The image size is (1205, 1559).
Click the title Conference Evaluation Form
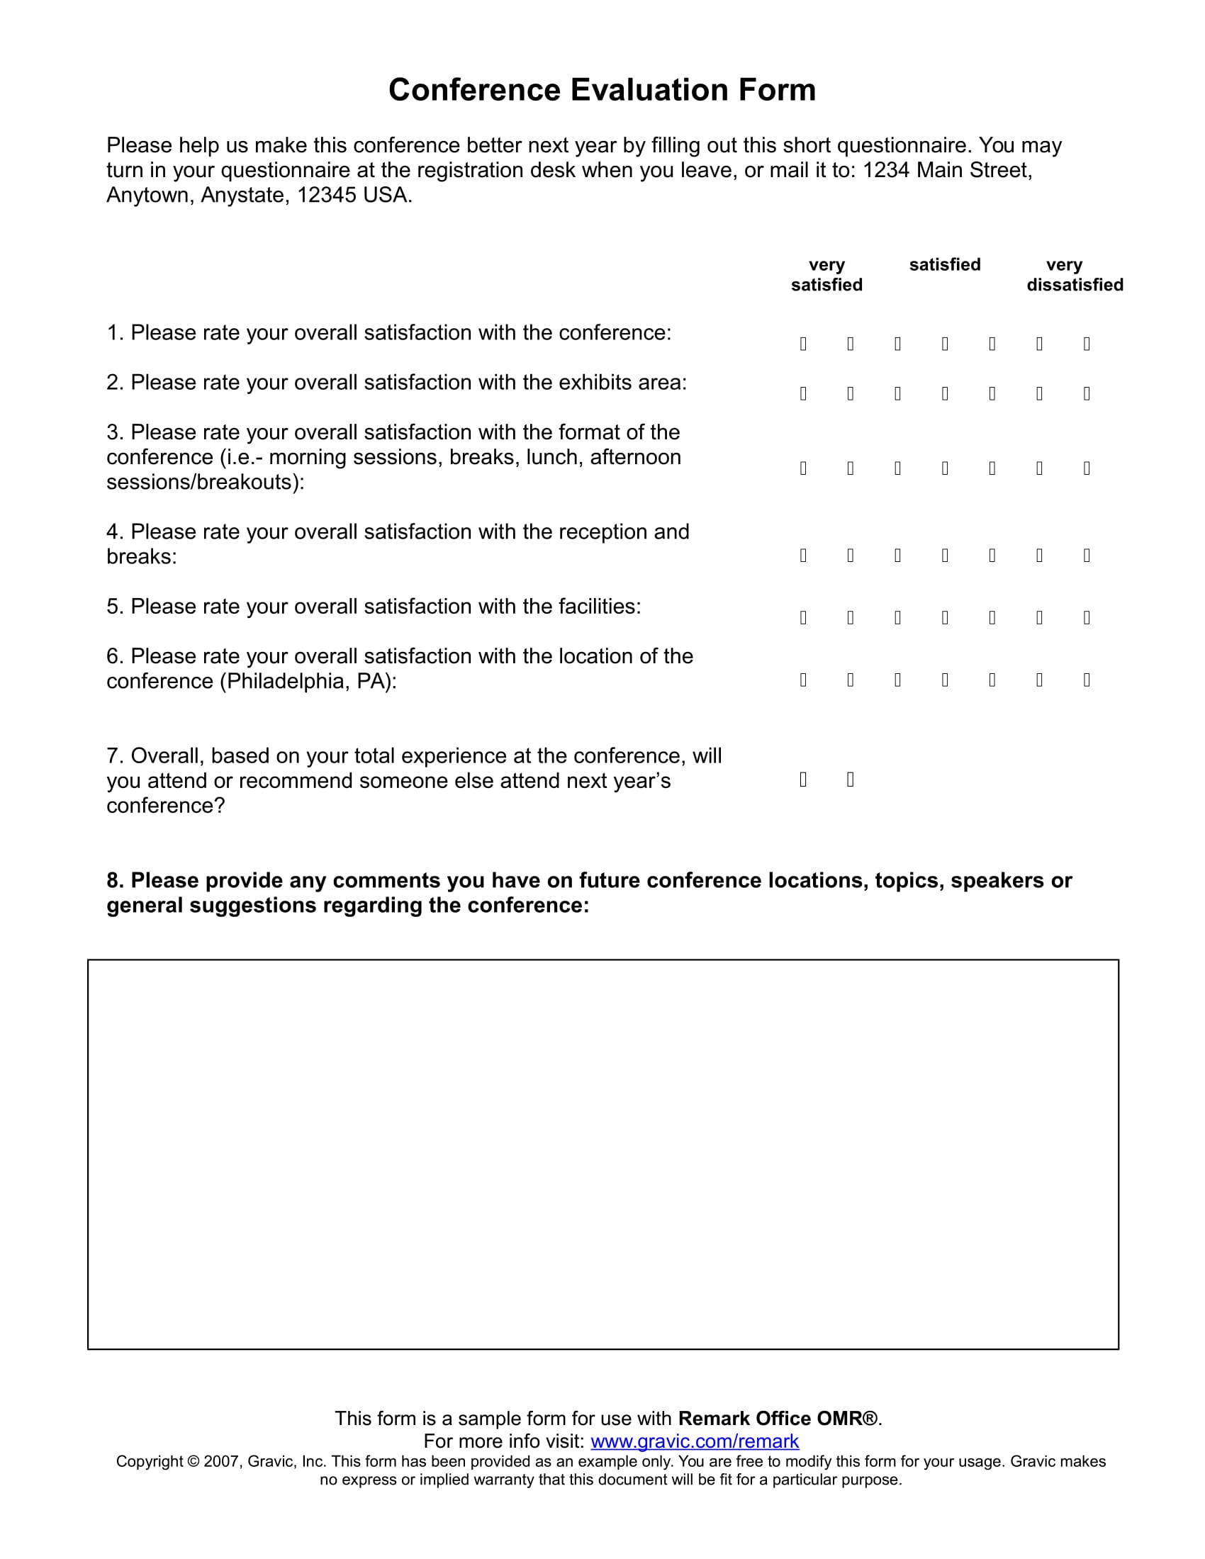click(602, 91)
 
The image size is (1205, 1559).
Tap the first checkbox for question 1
click(803, 344)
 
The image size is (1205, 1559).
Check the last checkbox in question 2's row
click(1087, 394)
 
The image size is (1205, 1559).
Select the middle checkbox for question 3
click(945, 468)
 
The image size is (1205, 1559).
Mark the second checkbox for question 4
click(850, 556)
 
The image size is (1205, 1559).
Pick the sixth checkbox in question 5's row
click(1039, 617)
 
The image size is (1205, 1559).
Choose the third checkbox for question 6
click(897, 680)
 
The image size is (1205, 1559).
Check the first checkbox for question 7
click(803, 779)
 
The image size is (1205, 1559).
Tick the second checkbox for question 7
click(850, 779)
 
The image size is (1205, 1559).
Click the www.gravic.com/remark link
click(695, 1441)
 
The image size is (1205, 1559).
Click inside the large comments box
click(602, 1154)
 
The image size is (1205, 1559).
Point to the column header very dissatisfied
click(1075, 275)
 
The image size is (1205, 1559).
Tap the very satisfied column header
click(826, 275)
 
